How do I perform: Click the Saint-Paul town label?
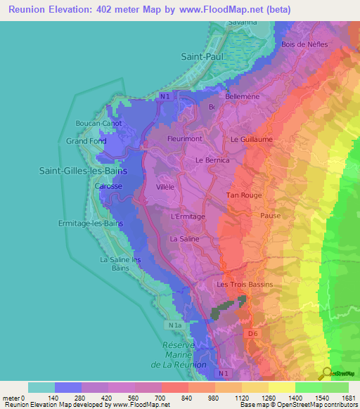[201, 56]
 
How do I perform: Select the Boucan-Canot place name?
[98, 123]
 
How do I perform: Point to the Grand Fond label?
[86, 141]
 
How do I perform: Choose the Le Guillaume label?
[251, 139]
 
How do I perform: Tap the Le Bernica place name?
[213, 160]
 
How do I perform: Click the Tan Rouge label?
[243, 195]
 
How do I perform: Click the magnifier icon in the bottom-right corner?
[326, 372]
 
